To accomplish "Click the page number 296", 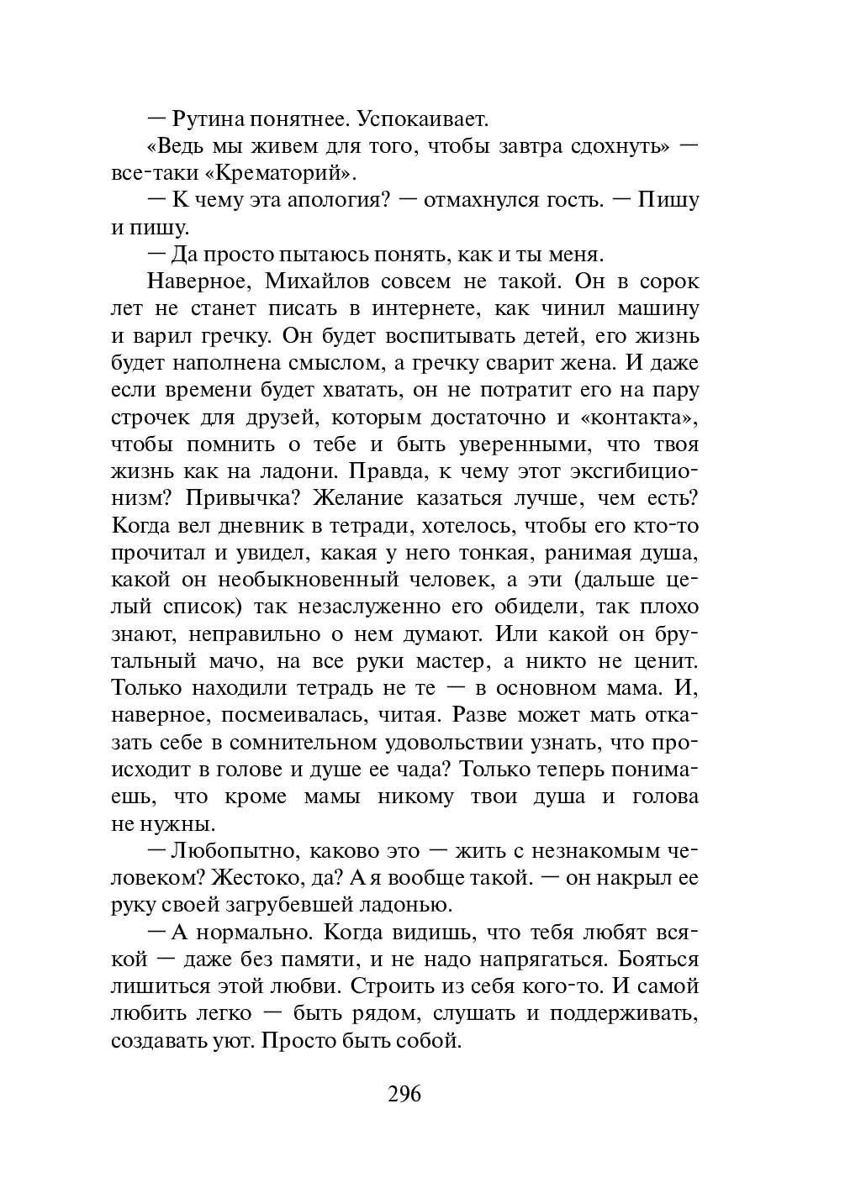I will pos(404,1094).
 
